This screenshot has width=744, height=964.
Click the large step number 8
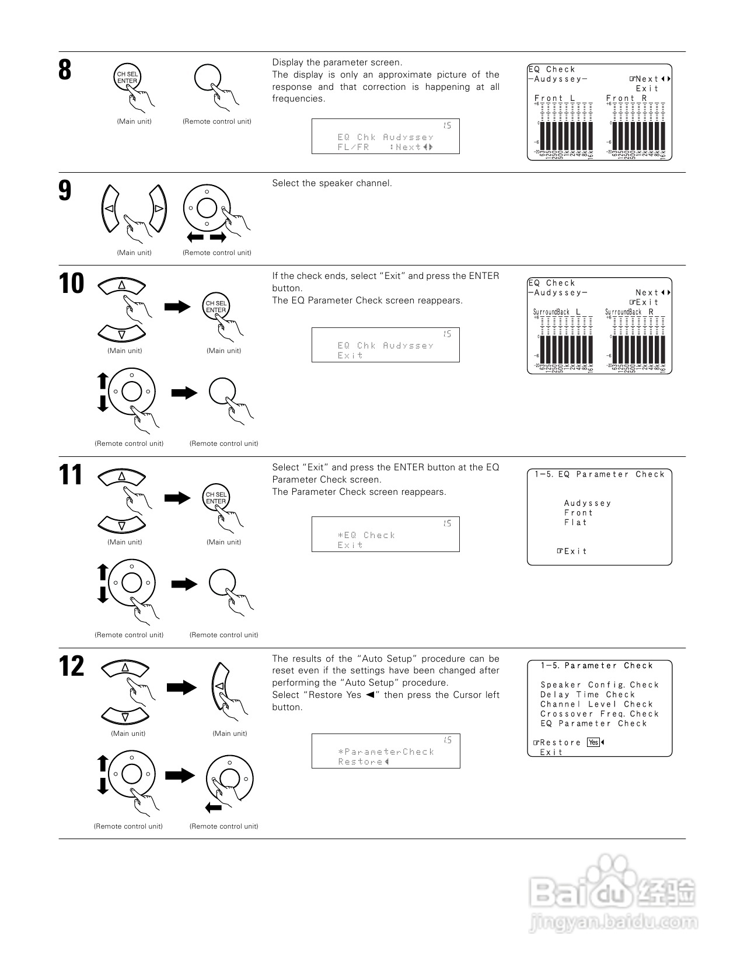tap(65, 70)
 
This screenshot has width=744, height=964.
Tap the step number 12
tap(72, 666)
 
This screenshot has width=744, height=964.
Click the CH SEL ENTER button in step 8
tap(127, 78)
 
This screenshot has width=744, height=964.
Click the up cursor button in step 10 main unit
tap(121, 285)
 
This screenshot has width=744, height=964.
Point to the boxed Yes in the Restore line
tap(593, 742)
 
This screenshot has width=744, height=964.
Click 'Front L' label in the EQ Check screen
tap(554, 98)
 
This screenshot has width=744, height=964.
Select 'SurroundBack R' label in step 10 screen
tap(629, 312)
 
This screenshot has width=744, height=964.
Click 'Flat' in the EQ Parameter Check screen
tap(575, 522)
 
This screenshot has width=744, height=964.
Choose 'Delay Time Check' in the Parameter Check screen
tap(587, 694)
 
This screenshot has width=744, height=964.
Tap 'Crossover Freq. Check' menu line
tap(599, 714)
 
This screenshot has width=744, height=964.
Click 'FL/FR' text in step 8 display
tap(353, 147)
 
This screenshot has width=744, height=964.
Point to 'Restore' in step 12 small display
tap(360, 762)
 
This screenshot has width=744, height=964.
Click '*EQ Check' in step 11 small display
tap(366, 535)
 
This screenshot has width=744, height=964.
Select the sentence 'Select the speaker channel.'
tap(332, 183)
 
